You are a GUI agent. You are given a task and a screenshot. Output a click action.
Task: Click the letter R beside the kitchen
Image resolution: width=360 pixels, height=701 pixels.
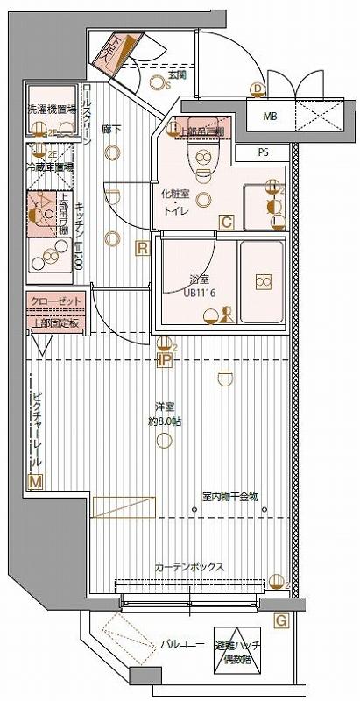point(142,248)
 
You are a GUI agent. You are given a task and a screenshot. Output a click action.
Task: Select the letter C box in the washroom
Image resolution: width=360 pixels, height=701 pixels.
point(226,223)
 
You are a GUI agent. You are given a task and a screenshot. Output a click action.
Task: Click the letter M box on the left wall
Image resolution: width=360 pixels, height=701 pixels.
point(35,481)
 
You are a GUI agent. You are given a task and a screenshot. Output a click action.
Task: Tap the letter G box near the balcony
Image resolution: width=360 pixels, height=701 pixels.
point(280,621)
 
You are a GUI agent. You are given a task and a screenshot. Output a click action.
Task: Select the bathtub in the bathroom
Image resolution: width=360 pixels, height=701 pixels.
point(261,282)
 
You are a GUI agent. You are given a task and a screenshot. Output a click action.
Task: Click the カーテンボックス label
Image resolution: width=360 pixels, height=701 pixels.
point(190,568)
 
